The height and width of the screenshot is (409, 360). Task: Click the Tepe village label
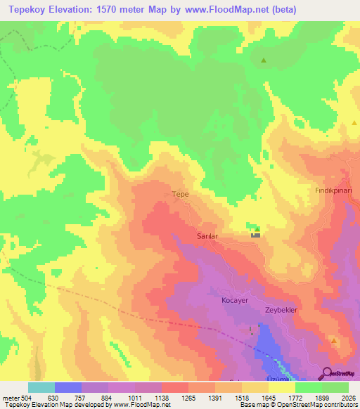pyautogui.click(x=181, y=193)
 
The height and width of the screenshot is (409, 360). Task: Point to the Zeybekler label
pyautogui.click(x=282, y=310)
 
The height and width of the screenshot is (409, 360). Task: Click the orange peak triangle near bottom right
pyautogui.click(x=334, y=341)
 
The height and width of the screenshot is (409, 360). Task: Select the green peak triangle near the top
pyautogui.click(x=264, y=60)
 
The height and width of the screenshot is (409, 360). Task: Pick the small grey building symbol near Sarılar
pyautogui.click(x=255, y=235)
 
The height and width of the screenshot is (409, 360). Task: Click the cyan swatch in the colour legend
pyautogui.click(x=41, y=387)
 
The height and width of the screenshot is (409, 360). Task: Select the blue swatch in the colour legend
pyautogui.click(x=67, y=387)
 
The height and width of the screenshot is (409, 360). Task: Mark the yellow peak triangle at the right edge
pyautogui.click(x=354, y=123)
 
